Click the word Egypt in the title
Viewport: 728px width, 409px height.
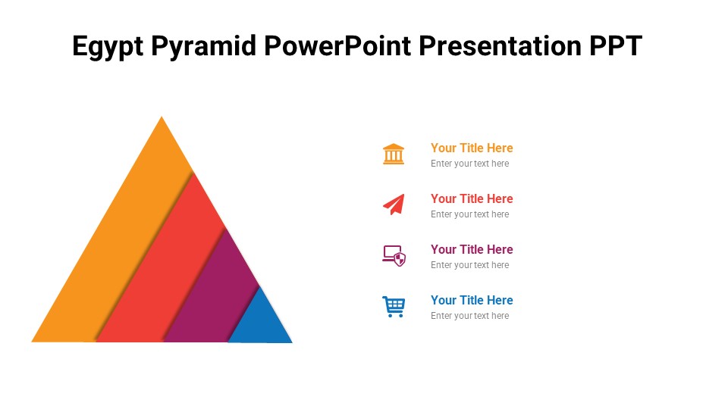108,47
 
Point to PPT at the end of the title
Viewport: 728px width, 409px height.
616,47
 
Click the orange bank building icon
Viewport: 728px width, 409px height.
394,154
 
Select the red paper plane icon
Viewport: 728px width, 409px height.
394,204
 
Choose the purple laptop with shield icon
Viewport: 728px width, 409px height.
394,255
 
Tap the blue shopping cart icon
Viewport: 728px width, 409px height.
394,306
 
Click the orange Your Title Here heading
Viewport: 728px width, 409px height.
472,148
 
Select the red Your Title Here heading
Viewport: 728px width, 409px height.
472,198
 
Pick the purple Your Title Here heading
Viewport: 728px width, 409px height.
472,249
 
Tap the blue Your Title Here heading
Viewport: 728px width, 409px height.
472,300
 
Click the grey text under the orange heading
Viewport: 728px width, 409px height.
469,164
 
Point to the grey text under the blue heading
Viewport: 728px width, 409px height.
469,316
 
